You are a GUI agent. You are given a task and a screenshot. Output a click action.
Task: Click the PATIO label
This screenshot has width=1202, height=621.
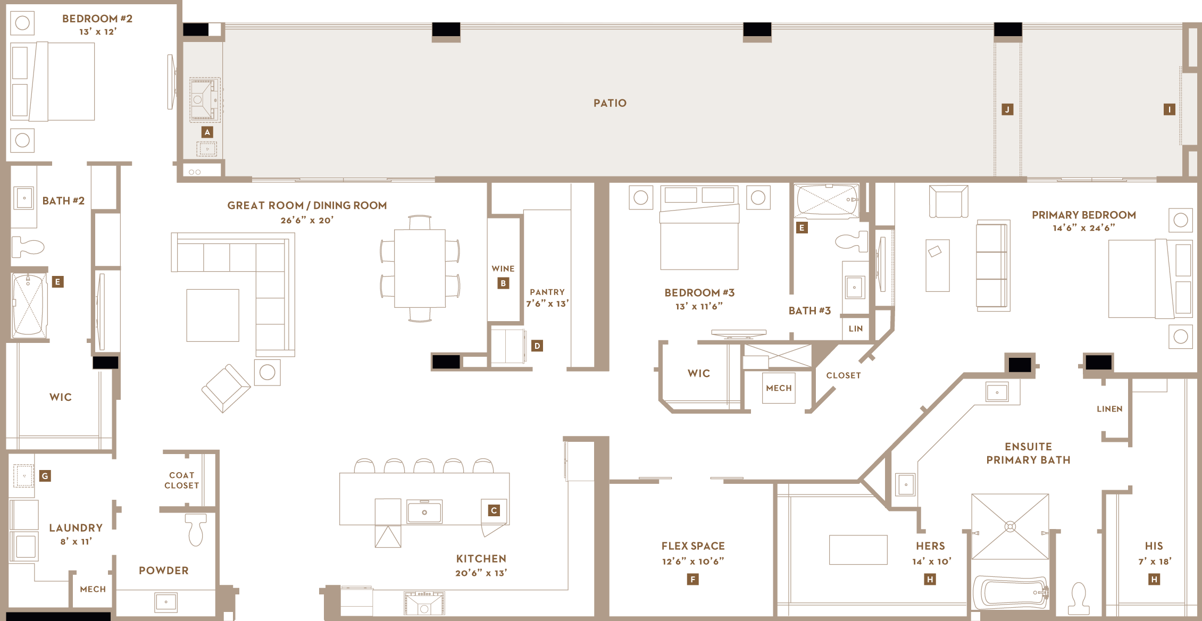[610, 103]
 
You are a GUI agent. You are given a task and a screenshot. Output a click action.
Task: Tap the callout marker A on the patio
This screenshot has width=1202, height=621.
[207, 132]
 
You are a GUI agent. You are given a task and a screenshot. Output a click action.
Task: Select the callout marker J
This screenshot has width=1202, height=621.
[1007, 110]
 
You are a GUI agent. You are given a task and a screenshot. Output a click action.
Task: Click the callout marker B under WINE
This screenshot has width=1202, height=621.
[503, 283]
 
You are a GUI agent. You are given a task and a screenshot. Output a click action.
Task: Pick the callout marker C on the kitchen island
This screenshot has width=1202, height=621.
[494, 510]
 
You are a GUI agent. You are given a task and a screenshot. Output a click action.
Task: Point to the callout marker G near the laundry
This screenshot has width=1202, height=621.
[45, 476]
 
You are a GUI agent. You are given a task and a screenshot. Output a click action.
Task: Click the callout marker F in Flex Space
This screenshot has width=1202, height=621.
[692, 579]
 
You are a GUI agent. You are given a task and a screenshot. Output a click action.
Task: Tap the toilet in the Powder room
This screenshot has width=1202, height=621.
[196, 530]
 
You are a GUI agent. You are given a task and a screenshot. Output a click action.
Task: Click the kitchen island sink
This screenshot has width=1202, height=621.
[424, 512]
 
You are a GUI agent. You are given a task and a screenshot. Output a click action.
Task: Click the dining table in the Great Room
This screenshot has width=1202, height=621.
[420, 268]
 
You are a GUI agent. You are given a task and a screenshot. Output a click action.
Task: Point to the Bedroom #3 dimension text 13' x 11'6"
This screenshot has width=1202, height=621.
[699, 306]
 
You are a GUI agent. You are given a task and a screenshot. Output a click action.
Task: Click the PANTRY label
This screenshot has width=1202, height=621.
[547, 292]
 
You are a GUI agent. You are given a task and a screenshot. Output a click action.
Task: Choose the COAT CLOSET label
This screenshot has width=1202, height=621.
[182, 480]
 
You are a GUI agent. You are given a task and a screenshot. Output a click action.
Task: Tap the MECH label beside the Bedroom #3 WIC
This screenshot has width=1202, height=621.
[779, 388]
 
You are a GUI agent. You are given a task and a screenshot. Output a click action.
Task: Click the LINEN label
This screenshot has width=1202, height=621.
[1109, 409]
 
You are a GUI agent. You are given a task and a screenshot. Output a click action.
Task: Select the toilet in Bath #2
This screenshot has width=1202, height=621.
[28, 247]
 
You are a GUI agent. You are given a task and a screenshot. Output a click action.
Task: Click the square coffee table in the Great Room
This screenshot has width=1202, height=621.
[213, 315]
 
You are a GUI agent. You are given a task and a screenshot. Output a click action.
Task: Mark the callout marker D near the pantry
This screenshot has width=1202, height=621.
[537, 346]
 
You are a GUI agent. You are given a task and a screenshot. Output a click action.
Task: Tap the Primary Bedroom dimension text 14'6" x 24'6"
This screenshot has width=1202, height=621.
[1084, 228]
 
